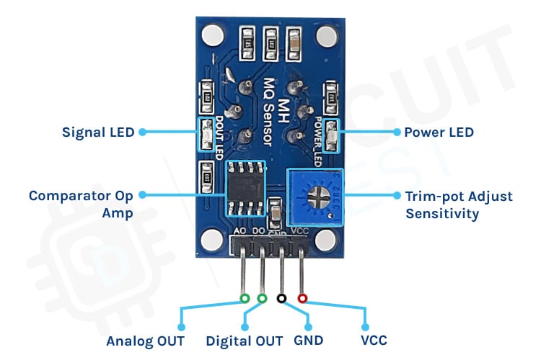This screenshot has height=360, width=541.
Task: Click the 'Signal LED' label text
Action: point(98,132)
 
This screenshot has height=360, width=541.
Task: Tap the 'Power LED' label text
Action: point(439,132)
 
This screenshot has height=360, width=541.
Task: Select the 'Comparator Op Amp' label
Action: point(81,204)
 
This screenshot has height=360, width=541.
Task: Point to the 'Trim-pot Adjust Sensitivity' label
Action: point(459,204)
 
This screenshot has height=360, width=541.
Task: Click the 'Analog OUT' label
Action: point(145,341)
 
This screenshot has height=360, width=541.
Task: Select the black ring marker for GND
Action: point(281,298)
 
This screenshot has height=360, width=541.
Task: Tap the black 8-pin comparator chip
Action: point(245,189)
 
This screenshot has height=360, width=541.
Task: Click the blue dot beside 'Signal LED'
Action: point(142,132)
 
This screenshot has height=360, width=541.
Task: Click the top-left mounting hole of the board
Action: point(213,34)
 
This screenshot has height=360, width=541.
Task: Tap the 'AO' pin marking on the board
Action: point(242,232)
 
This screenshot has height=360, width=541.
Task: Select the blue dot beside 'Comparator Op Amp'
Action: point(142,194)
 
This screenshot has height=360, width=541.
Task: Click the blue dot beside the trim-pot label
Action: point(396,194)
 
